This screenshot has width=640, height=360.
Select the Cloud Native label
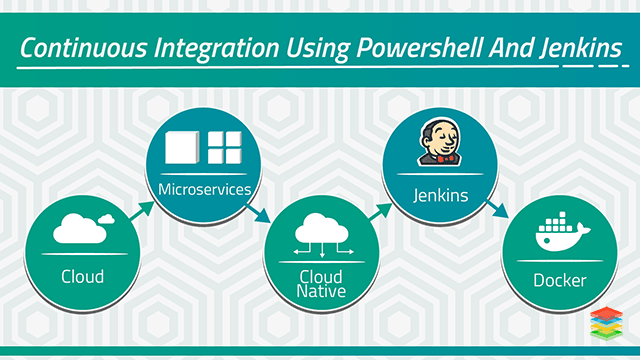click(x=321, y=283)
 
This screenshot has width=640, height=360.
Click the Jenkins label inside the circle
click(x=440, y=195)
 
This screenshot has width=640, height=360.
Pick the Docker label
click(x=558, y=280)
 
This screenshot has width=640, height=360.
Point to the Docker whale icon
click(x=562, y=233)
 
